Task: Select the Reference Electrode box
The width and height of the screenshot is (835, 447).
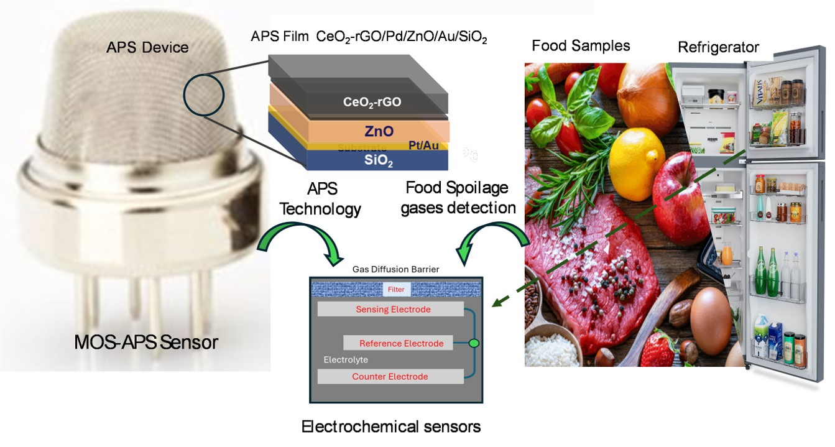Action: click(401, 343)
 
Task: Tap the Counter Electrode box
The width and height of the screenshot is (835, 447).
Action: click(390, 377)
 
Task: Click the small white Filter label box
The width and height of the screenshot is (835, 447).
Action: click(396, 289)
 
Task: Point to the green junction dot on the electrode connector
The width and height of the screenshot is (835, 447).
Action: click(474, 343)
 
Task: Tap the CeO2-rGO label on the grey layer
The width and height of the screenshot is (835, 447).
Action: click(372, 102)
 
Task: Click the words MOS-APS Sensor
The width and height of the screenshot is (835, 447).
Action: click(146, 341)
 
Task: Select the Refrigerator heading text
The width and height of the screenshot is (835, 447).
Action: click(718, 47)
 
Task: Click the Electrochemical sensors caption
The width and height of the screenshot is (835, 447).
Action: click(391, 427)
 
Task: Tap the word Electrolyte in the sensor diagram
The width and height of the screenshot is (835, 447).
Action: click(346, 360)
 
